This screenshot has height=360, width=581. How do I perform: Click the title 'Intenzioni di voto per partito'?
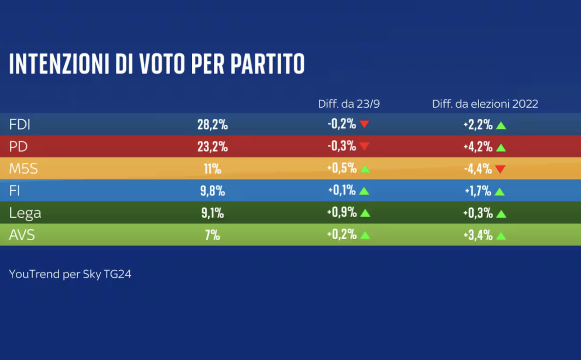tap(157, 64)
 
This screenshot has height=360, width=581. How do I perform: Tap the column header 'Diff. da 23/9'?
tap(349, 104)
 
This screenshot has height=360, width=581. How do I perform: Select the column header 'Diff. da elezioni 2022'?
tap(485, 104)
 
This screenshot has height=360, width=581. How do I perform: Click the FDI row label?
tap(20, 125)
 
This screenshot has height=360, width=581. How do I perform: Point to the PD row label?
tap(18, 147)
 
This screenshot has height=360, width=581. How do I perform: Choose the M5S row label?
tap(23, 169)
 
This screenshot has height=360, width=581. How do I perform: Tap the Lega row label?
tap(25, 213)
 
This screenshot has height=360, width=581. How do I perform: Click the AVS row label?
tap(22, 235)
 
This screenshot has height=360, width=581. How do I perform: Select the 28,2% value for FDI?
tap(212, 125)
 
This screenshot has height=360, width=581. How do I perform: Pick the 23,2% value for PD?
tap(212, 147)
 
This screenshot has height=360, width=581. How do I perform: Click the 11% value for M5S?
tap(212, 169)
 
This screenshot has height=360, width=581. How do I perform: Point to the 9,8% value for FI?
tap(212, 191)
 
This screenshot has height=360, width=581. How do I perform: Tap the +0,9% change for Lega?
tap(342, 213)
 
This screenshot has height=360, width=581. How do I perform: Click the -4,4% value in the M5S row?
tap(478, 169)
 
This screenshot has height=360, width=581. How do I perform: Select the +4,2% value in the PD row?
tap(478, 147)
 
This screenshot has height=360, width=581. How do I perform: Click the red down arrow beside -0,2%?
tap(365, 124)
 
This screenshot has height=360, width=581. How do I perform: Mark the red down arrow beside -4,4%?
tap(500, 169)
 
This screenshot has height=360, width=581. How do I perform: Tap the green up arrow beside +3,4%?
tap(501, 236)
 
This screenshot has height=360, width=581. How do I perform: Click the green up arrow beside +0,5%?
tap(365, 169)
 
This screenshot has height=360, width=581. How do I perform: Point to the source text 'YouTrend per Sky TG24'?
tap(70, 274)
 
